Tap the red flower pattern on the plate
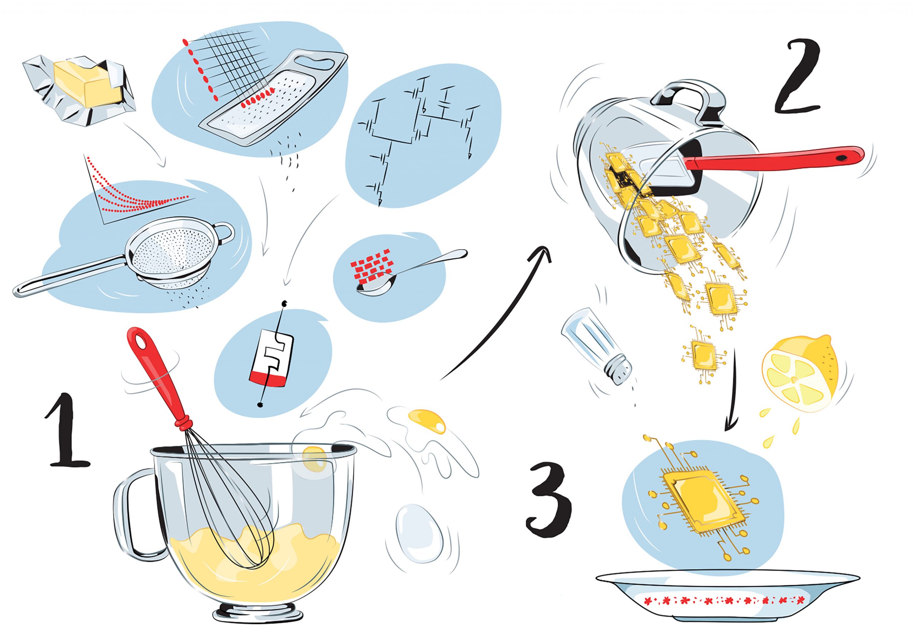click(724, 611)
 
